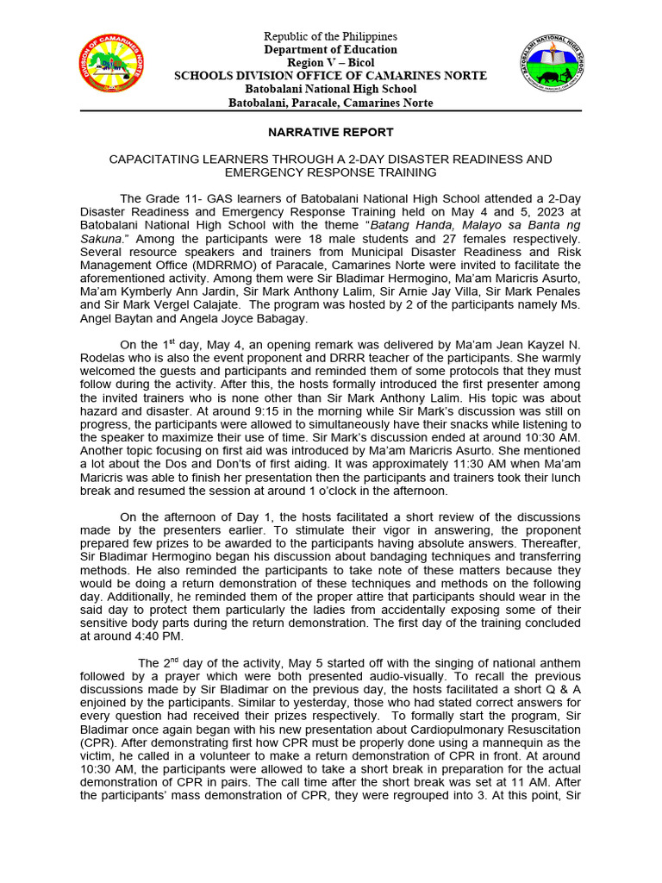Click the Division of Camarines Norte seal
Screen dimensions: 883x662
coord(110,66)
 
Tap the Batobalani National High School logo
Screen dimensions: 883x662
coord(554,66)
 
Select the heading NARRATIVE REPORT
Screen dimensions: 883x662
coord(331,133)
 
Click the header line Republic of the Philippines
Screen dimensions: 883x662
coord(331,37)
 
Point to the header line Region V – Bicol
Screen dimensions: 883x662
coord(331,63)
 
